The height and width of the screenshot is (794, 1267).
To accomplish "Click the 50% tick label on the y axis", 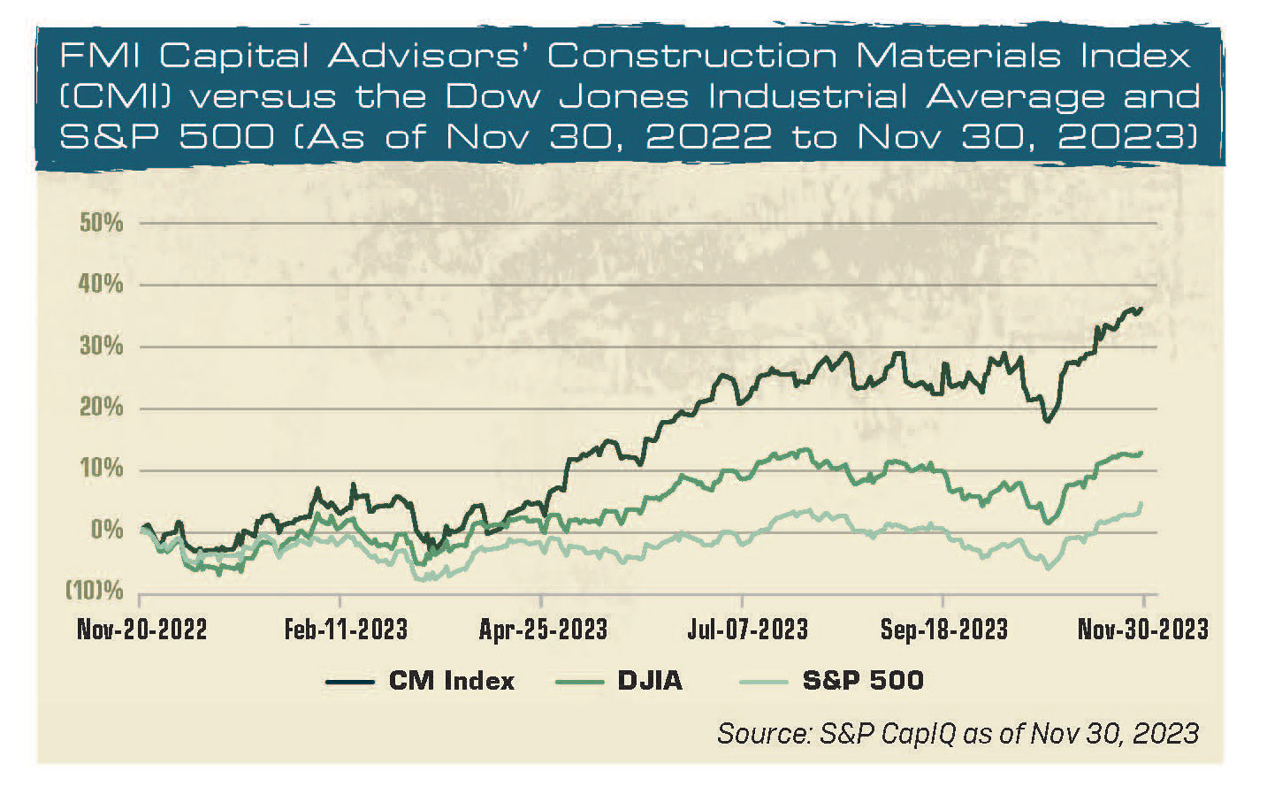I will tap(102, 223).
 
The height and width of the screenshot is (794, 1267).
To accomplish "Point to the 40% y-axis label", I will tap(102, 285).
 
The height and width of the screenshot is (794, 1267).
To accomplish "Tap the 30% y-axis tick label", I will tap(102, 347).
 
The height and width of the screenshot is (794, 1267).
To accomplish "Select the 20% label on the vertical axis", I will tap(102, 408).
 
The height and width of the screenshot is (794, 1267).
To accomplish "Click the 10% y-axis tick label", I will tap(102, 469).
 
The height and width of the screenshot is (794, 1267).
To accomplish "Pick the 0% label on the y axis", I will tap(107, 531).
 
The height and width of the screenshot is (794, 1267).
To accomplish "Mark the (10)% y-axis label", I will tap(95, 591).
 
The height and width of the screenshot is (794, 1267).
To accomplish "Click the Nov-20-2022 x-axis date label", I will tap(141, 630).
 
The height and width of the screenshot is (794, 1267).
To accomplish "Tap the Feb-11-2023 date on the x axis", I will tap(346, 630).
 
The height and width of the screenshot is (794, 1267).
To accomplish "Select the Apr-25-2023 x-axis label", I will tap(543, 630).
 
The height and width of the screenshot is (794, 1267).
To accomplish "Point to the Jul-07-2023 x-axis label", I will tap(747, 630).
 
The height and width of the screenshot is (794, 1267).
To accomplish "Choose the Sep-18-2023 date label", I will tap(943, 630).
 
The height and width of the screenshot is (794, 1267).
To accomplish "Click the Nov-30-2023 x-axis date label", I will tap(1142, 630).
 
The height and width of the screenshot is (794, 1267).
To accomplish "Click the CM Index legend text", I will tap(451, 681).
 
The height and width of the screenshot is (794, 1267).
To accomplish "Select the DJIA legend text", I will tap(650, 681).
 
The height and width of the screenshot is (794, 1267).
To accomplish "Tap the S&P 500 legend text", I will tap(863, 681).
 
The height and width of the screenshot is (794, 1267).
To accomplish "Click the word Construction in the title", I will tap(691, 57).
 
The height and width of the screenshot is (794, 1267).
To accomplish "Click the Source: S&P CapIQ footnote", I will tap(958, 733).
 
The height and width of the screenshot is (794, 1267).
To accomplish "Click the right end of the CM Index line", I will tap(1141, 309).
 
